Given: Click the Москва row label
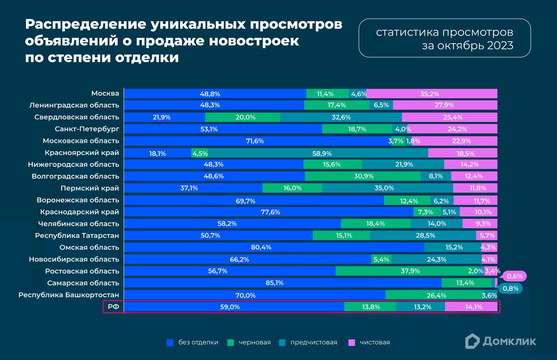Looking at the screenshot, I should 105,94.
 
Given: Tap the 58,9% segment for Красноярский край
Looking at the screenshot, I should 318,153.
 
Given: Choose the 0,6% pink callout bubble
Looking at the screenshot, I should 515,276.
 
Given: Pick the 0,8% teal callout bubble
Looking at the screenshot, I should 510,289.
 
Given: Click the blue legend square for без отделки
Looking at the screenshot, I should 170,342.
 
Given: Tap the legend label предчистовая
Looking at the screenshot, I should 313,342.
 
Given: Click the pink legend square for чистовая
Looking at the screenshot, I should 352,342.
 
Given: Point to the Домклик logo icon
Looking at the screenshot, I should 472,341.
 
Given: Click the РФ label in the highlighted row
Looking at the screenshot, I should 113,307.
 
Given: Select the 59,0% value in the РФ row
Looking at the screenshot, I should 230,307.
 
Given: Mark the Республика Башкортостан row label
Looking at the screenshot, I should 69,295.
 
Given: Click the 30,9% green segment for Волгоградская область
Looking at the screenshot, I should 363,176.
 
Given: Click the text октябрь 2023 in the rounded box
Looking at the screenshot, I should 467,46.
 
